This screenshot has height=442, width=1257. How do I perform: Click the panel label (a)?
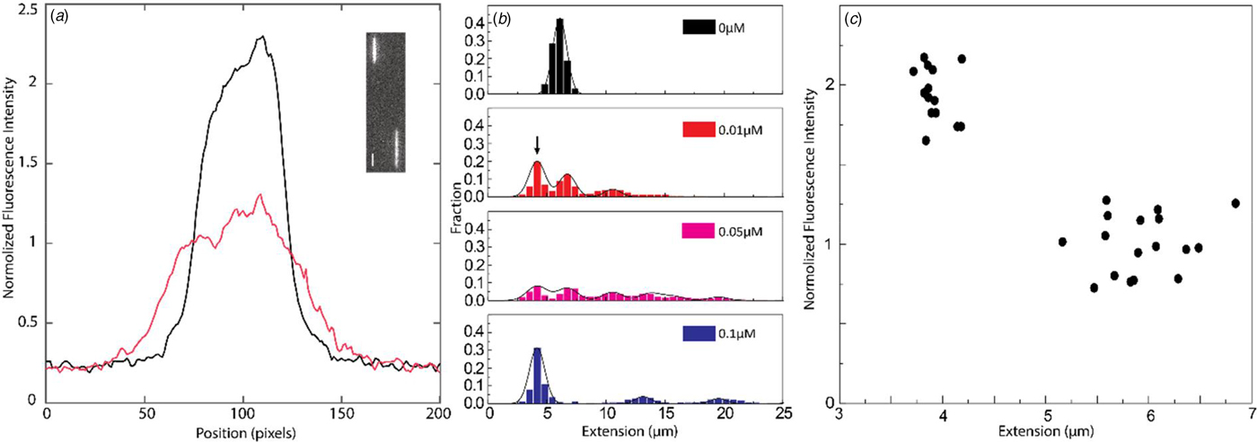(x=59, y=17)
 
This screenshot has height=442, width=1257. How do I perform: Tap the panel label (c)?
(x=853, y=19)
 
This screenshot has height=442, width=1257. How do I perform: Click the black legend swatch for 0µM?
(x=699, y=27)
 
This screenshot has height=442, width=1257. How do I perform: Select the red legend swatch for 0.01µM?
(x=699, y=129)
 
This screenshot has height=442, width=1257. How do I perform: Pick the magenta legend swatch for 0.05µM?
(x=699, y=231)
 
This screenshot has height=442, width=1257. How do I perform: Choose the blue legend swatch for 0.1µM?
(x=699, y=333)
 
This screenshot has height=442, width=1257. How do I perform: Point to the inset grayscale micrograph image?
(x=385, y=102)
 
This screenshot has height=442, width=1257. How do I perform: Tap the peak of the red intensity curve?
(x=259, y=195)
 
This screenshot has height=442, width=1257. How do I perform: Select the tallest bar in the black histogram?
(x=559, y=57)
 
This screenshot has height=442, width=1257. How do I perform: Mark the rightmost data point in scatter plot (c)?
(x=1235, y=203)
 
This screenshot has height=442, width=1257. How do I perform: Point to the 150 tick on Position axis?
(x=341, y=414)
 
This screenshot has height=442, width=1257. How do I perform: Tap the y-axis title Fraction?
(x=458, y=208)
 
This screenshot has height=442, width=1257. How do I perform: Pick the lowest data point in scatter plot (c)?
(x=1094, y=287)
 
